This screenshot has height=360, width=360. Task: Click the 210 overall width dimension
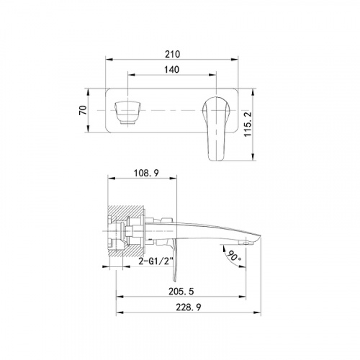172,54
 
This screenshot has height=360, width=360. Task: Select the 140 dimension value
172,71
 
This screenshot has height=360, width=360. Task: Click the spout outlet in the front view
127,112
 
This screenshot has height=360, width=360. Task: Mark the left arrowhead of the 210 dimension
107,62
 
